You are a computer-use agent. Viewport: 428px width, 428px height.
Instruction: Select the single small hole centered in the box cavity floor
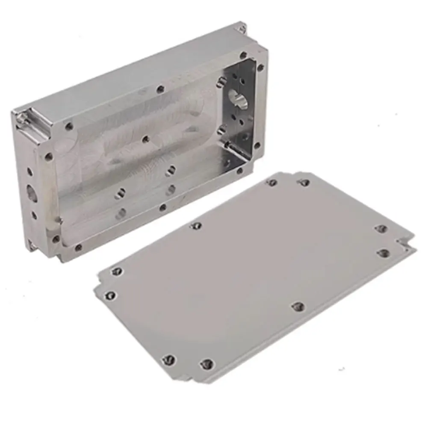pos(146,139)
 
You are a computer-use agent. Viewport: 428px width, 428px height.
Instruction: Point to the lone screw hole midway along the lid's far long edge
pos(196,225)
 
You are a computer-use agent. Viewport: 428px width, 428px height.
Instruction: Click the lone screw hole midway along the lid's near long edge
pos(298,306)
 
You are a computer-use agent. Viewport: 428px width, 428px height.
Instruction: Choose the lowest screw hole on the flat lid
pos(207,364)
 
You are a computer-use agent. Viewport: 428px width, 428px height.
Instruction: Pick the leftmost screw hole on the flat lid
pos(110,295)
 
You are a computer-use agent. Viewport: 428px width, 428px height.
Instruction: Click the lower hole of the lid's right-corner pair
pos(383,253)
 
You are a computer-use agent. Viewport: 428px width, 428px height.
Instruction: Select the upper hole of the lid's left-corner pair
pos(116,271)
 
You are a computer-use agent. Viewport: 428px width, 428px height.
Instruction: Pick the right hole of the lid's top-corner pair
pos(304,183)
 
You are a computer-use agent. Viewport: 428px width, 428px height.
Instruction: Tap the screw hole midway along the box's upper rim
pos(160,89)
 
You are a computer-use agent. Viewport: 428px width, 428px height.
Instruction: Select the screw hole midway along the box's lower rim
pos(162,208)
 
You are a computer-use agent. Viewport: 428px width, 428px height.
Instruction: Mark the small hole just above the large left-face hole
pos(30,172)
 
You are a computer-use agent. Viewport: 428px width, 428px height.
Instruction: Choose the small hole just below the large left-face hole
pos(34,215)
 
